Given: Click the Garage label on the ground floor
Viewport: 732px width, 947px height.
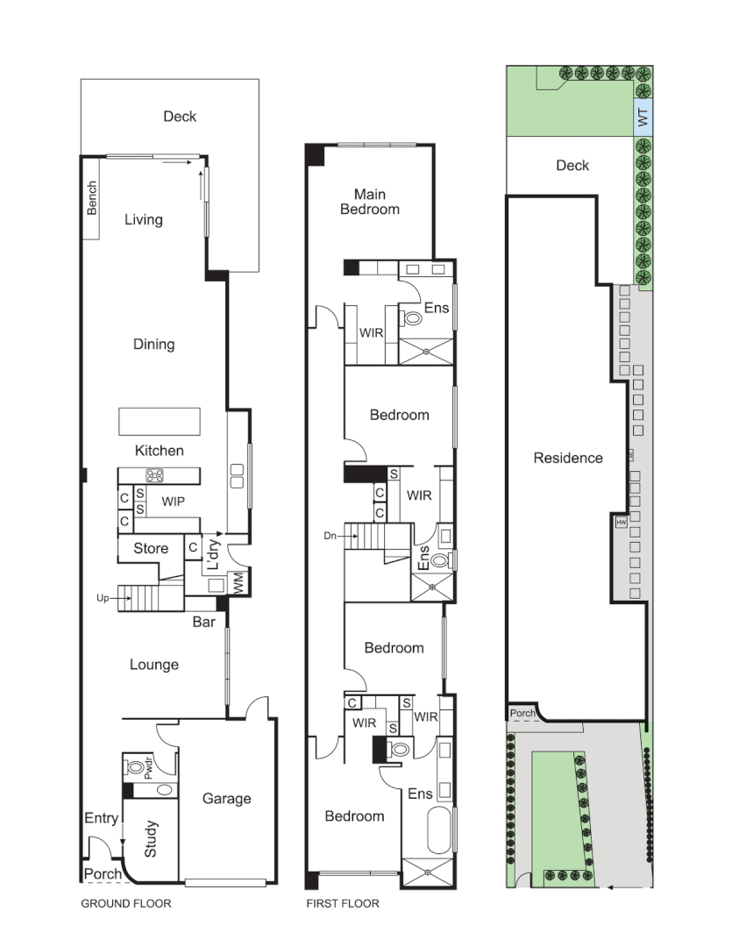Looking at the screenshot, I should tap(226, 798).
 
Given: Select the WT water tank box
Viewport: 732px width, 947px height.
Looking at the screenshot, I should tap(644, 118).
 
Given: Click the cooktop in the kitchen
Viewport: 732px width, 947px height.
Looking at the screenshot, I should tap(156, 477).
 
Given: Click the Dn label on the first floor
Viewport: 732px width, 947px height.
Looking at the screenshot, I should tap(330, 534).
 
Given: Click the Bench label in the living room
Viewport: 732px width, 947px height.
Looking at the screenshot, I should tap(93, 198).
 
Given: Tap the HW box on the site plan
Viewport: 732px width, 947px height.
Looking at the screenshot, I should tap(622, 522).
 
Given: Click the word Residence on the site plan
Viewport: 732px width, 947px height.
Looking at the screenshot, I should tap(568, 458).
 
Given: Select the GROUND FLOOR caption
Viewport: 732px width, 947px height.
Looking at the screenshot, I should tap(126, 903).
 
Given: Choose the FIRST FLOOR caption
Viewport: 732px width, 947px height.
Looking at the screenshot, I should tap(343, 903).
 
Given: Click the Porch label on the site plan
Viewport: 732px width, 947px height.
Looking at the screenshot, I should tap(522, 714).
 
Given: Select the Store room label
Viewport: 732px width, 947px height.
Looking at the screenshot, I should tap(151, 549).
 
